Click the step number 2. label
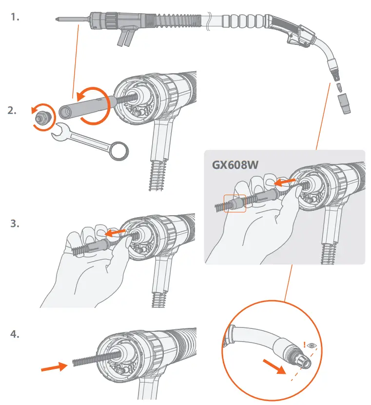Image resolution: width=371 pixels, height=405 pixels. click(x=13, y=110)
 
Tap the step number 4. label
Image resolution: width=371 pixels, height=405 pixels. click(x=16, y=334)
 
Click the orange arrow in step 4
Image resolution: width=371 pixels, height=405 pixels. click(x=53, y=366)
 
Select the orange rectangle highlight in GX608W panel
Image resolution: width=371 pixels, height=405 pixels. click(x=235, y=203)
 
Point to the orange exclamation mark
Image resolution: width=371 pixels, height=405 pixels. click(x=304, y=344)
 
